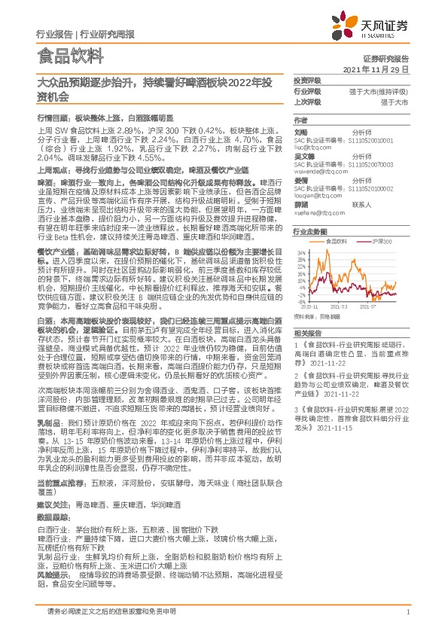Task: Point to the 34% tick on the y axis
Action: pos(300,251)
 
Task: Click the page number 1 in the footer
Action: pos(407,611)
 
